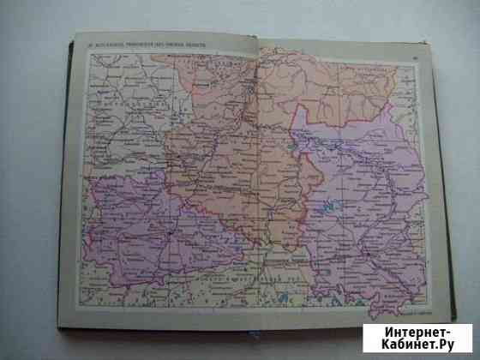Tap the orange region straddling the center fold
[240, 171]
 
